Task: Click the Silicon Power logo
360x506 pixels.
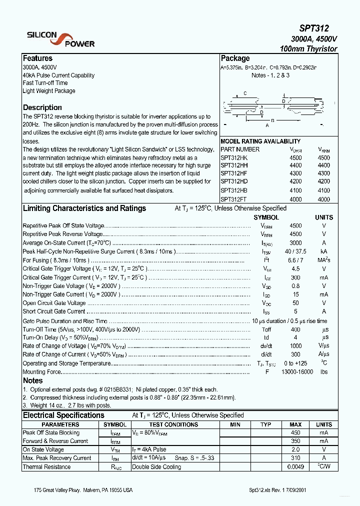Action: pyautogui.click(x=60, y=39)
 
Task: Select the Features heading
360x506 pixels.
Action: pyautogui.click(x=37, y=58)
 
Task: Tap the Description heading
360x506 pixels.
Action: pyautogui.click(x=42, y=107)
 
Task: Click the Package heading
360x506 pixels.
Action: pyautogui.click(x=235, y=58)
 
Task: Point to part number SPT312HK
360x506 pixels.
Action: pyautogui.click(x=234, y=157)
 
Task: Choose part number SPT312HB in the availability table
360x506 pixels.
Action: pyautogui.click(x=234, y=190)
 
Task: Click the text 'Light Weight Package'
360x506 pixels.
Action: pyautogui.click(x=49, y=91)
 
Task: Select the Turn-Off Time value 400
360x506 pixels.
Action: pyautogui.click(x=295, y=329)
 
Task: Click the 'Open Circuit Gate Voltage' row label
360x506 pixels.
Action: pyautogui.click(x=54, y=303)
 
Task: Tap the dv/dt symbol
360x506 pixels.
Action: pyautogui.click(x=266, y=346)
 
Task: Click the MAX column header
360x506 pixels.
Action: pyautogui.click(x=295, y=424)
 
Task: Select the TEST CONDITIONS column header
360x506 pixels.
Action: pyautogui.click(x=173, y=424)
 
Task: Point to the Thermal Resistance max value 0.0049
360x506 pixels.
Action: pyautogui.click(x=295, y=467)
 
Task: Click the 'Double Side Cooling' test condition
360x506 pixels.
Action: pyautogui.click(x=157, y=467)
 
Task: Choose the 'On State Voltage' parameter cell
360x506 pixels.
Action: pyautogui.click(x=43, y=449)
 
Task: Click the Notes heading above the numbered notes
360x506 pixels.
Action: pyautogui.click(x=33, y=380)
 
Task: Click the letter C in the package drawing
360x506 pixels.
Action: pyautogui.click(x=245, y=93)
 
